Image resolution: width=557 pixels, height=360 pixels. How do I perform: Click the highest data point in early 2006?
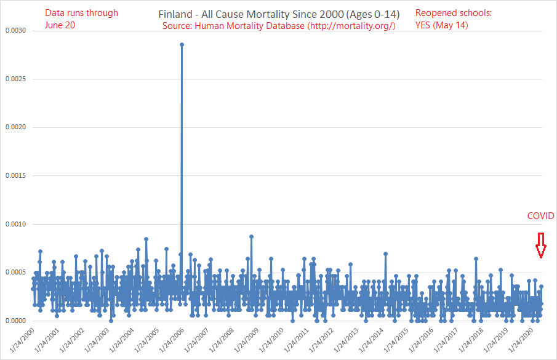coord(182,44)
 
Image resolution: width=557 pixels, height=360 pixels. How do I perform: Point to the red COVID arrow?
coord(541,246)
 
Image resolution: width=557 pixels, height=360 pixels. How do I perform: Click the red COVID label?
coord(541,216)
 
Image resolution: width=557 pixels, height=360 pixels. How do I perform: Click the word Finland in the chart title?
coord(176,14)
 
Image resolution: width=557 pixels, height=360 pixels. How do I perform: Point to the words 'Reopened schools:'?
coord(453,12)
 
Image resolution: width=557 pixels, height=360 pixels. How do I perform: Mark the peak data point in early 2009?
coord(251,236)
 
